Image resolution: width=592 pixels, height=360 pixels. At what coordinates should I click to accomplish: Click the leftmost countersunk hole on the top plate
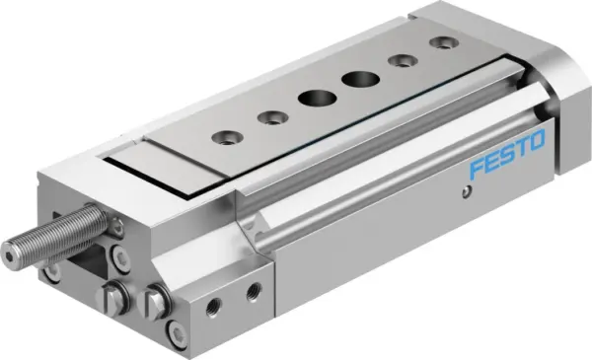click(x=226, y=137)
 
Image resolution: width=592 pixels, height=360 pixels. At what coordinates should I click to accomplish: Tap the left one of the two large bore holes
click(x=313, y=99)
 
